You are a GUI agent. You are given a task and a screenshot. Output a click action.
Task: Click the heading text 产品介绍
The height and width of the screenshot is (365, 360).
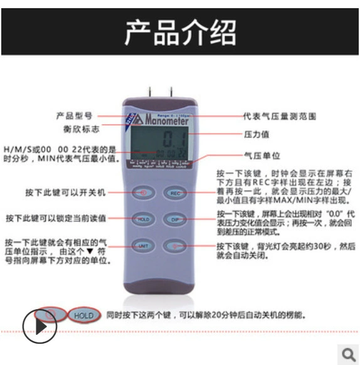pyautogui.click(x=180, y=32)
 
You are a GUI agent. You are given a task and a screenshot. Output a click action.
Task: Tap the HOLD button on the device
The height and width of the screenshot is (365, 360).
pyautogui.click(x=142, y=219)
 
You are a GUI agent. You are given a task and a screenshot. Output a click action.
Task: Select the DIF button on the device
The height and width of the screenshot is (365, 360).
pyautogui.click(x=176, y=219)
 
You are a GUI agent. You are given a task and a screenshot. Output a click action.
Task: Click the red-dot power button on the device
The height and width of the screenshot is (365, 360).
pyautogui.click(x=143, y=193)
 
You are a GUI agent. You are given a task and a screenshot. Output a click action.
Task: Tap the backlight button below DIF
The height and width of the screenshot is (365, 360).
pyautogui.click(x=176, y=246)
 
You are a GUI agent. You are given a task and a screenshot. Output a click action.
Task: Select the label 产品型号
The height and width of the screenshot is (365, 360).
pyautogui.click(x=75, y=116)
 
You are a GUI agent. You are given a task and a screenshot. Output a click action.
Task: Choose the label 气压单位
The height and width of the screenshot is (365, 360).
pyautogui.click(x=261, y=156)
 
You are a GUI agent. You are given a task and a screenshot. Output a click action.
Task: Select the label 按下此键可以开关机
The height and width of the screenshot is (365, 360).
pyautogui.click(x=66, y=191)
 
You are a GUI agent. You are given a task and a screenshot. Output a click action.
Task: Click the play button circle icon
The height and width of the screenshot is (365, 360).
pyautogui.click(x=40, y=325)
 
